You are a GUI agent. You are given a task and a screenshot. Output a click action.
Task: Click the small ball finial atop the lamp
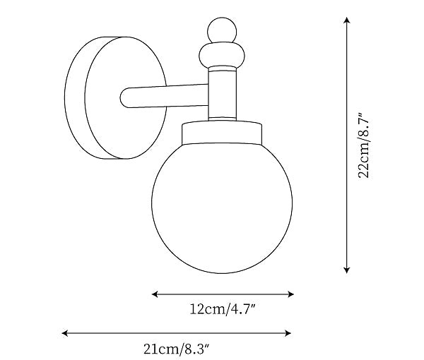pyautogui.click(x=223, y=30)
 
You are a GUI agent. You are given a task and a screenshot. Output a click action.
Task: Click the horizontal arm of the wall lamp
pyautogui.click(x=166, y=97)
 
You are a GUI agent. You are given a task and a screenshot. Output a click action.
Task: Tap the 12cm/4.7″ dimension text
pyautogui.click(x=223, y=309)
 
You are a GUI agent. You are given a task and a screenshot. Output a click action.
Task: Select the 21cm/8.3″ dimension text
pyautogui.click(x=177, y=348)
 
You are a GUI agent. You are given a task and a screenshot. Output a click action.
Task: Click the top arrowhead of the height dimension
pyautogui.click(x=346, y=21)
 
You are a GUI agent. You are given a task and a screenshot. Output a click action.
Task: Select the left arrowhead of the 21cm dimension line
pyautogui.click(x=66, y=332)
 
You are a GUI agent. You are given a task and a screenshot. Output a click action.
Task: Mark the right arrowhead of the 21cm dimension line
pyautogui.click(x=290, y=332)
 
